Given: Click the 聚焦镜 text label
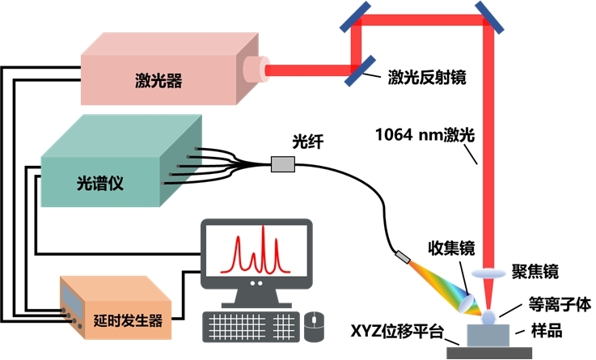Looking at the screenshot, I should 535,270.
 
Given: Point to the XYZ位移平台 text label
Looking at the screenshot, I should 397,332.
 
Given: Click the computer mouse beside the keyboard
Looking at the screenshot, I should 314,325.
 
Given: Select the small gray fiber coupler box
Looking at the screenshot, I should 283,165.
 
